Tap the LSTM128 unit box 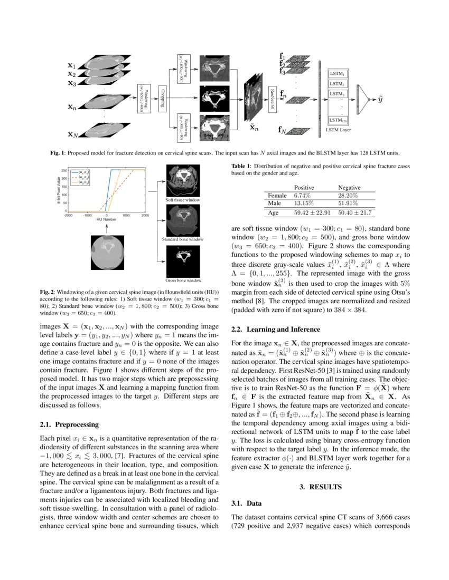click(337, 120)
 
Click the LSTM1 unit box click(337, 74)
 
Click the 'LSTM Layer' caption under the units click(339, 129)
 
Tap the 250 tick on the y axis click(63, 170)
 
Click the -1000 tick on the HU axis click(87, 215)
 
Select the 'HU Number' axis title click(106, 220)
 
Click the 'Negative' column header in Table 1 click(349, 187)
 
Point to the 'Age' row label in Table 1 click(273, 213)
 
